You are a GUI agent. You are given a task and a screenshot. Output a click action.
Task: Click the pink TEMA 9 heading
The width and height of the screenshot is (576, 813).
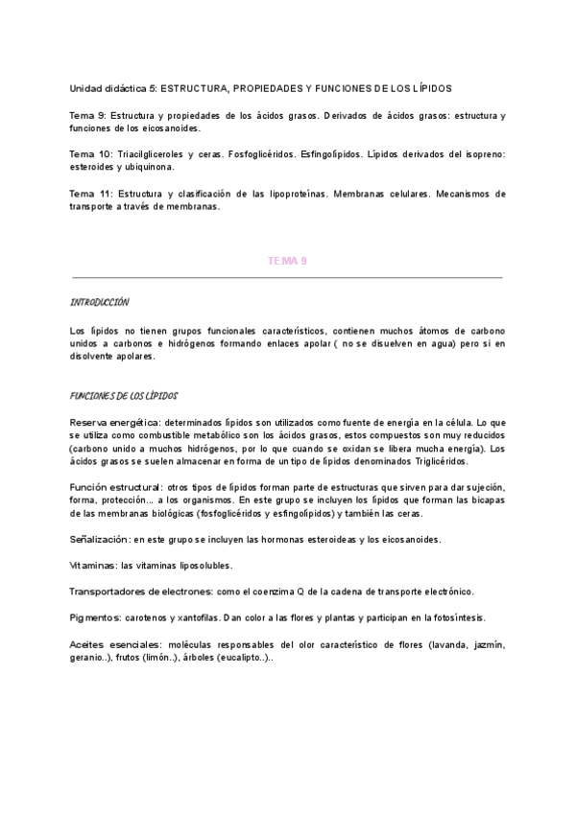(287, 260)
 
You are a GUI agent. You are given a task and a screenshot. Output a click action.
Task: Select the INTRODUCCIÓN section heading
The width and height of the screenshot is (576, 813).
(99, 302)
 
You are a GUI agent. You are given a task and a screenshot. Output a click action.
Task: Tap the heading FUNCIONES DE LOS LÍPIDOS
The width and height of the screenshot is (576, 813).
(124, 395)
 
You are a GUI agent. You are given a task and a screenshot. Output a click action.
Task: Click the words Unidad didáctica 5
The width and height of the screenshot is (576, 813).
(111, 87)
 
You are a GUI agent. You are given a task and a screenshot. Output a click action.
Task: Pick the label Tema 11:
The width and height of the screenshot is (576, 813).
(91, 194)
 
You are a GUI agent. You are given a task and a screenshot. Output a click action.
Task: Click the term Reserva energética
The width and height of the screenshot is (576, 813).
(114, 422)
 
